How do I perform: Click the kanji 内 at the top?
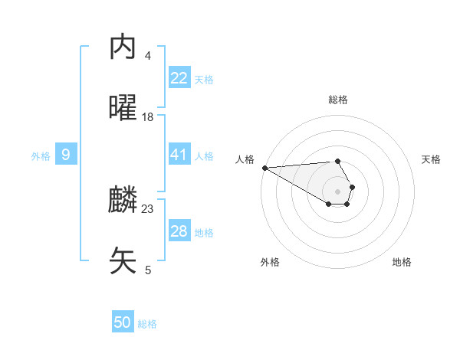pyautogui.click(x=123, y=48)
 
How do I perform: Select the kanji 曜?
pyautogui.click(x=123, y=108)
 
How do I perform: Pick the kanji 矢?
pyautogui.click(x=123, y=260)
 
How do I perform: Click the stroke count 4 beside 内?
pyautogui.click(x=148, y=56)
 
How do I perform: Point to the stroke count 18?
pyautogui.click(x=148, y=116)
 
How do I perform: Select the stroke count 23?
pyautogui.click(x=148, y=208)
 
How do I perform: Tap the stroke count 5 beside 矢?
pyautogui.click(x=148, y=269)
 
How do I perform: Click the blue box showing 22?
pyautogui.click(x=179, y=78)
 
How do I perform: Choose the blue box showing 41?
pyautogui.click(x=179, y=155)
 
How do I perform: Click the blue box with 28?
pyautogui.click(x=179, y=231)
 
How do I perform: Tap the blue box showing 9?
pyautogui.click(x=66, y=155)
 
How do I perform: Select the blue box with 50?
pyautogui.click(x=123, y=322)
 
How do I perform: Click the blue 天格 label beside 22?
pyautogui.click(x=204, y=79)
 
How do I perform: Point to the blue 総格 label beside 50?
pyautogui.click(x=148, y=324)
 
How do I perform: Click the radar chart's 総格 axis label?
pyautogui.click(x=338, y=100)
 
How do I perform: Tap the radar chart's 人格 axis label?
pyautogui.click(x=245, y=159)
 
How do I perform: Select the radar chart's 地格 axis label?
pyautogui.click(x=402, y=262)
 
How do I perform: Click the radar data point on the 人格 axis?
pyautogui.click(x=264, y=168)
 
